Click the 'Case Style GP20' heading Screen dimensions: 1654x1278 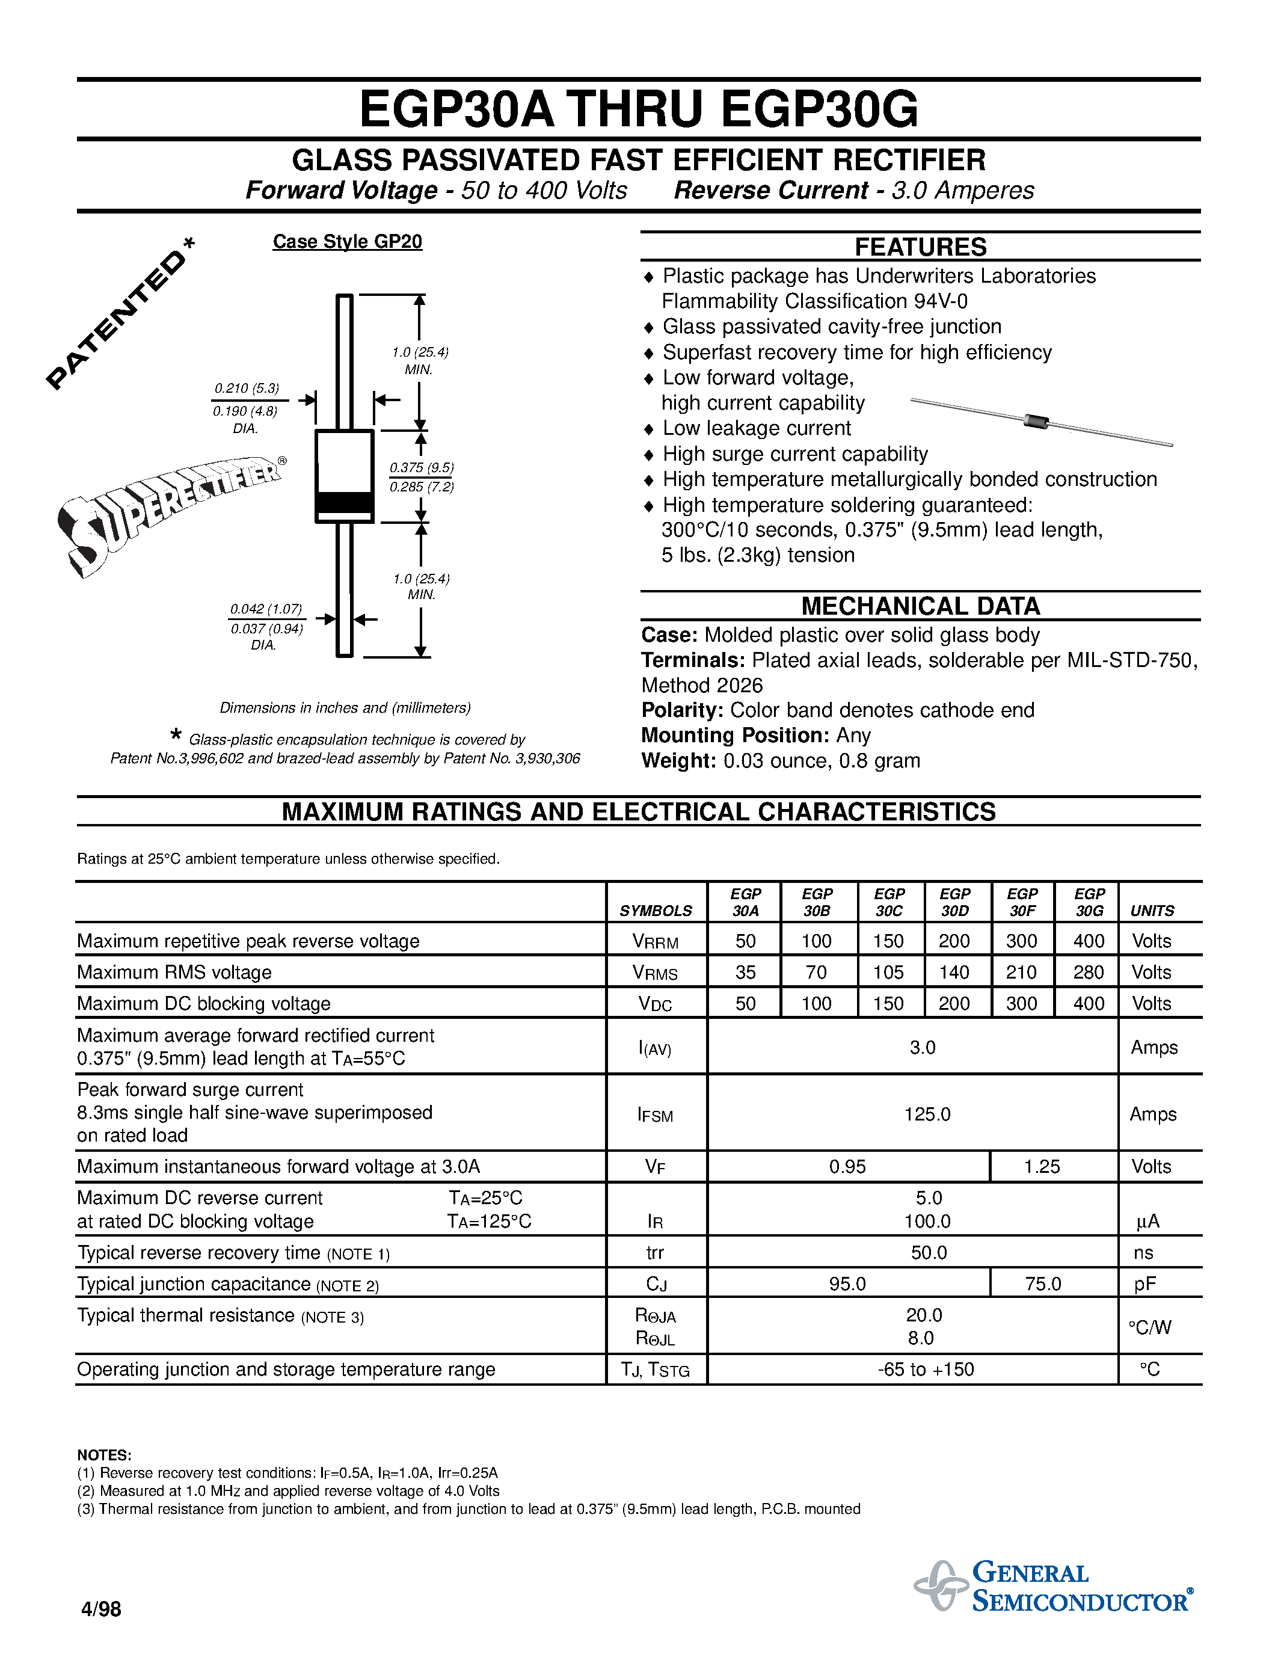click(347, 242)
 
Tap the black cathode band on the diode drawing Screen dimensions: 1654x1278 click(345, 502)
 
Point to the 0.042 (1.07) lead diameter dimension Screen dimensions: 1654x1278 click(266, 609)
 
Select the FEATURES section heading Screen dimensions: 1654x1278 click(920, 247)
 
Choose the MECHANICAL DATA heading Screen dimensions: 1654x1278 click(920, 606)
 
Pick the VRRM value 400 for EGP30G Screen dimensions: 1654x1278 click(1088, 941)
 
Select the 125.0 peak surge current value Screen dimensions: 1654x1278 click(927, 1114)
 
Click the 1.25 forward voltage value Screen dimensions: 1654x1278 click(1042, 1166)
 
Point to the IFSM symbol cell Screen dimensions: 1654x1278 click(655, 1114)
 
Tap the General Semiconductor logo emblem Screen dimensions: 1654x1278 click(941, 1584)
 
